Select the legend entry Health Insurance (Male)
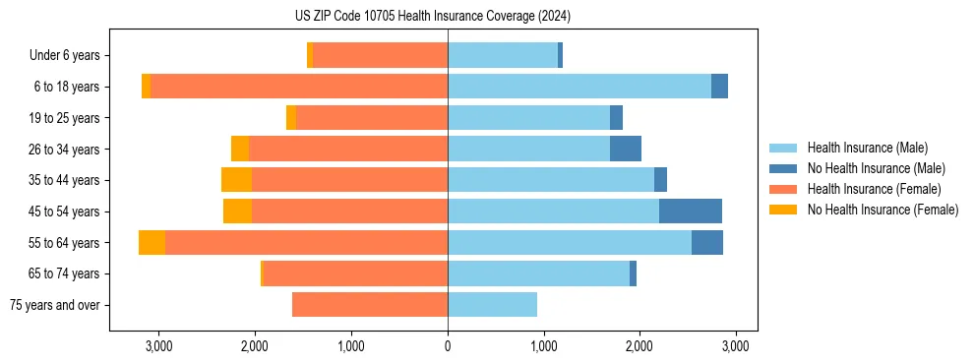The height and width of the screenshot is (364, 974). pos(867,148)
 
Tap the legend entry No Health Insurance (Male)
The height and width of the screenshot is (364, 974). pos(876,168)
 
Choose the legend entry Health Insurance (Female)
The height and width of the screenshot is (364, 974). pos(874,189)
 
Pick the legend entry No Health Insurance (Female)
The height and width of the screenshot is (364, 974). pos(883,210)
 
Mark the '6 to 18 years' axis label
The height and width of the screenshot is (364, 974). pos(66,87)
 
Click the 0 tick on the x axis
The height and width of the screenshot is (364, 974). pos(448,345)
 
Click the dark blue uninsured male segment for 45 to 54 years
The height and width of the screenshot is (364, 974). pos(691,212)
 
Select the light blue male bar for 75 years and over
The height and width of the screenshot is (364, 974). pos(492,305)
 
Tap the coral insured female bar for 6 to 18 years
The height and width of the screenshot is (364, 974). pos(299,87)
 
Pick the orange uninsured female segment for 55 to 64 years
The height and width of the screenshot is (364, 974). pos(152,243)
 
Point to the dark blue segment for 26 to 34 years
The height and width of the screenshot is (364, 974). pos(626,149)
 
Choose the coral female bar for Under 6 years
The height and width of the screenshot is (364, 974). pos(380,55)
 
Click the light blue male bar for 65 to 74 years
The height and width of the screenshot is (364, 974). pos(538,273)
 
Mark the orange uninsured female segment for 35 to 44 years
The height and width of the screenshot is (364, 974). pos(236,180)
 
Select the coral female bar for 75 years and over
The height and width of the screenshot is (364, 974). pos(370,305)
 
